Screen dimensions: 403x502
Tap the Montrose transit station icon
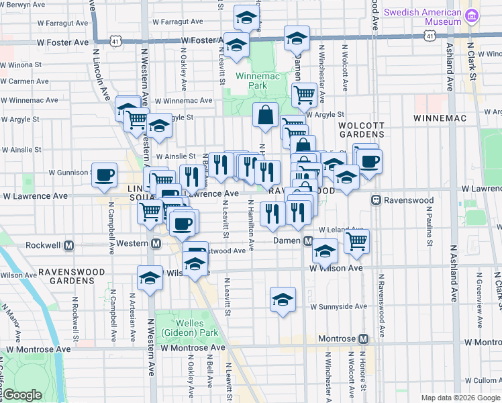point(363,340)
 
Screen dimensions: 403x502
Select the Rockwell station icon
point(69,246)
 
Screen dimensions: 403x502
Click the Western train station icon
point(156,243)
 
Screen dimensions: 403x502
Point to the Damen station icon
point(308,240)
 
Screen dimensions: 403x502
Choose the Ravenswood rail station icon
point(376,200)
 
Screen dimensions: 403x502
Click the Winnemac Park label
point(252,81)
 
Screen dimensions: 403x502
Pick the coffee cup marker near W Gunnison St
point(105,175)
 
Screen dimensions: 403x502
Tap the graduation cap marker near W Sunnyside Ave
point(283,300)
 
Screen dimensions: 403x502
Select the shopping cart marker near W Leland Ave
point(357,241)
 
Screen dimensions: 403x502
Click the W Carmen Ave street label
point(24,81)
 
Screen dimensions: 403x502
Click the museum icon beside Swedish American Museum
point(472,15)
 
